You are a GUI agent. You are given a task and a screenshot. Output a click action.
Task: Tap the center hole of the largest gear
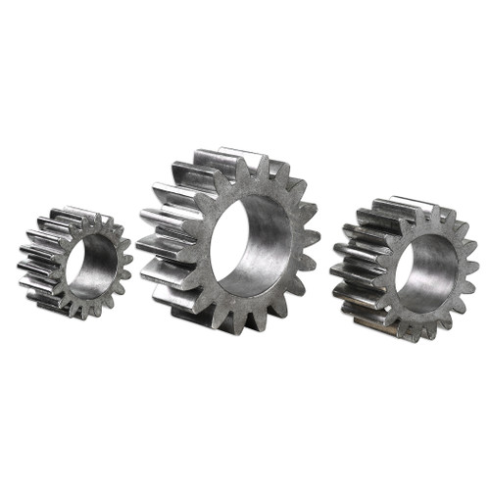click(x=252, y=245)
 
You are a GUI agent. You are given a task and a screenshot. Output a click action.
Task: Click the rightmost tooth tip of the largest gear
click(x=316, y=236)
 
